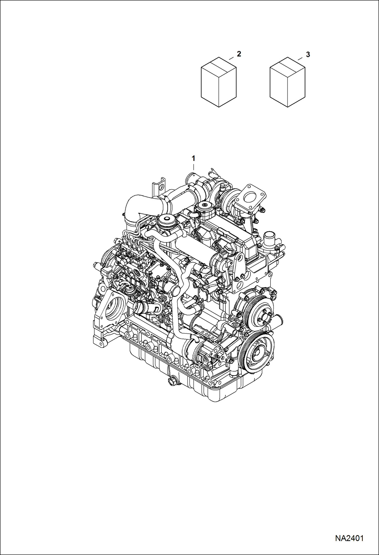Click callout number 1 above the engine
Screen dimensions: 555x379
[193, 159]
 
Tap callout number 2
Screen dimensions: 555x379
[239, 54]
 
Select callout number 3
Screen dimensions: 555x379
[308, 54]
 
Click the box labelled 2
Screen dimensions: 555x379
[219, 82]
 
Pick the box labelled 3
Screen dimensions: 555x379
[287, 82]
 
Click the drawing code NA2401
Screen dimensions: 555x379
[349, 538]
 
